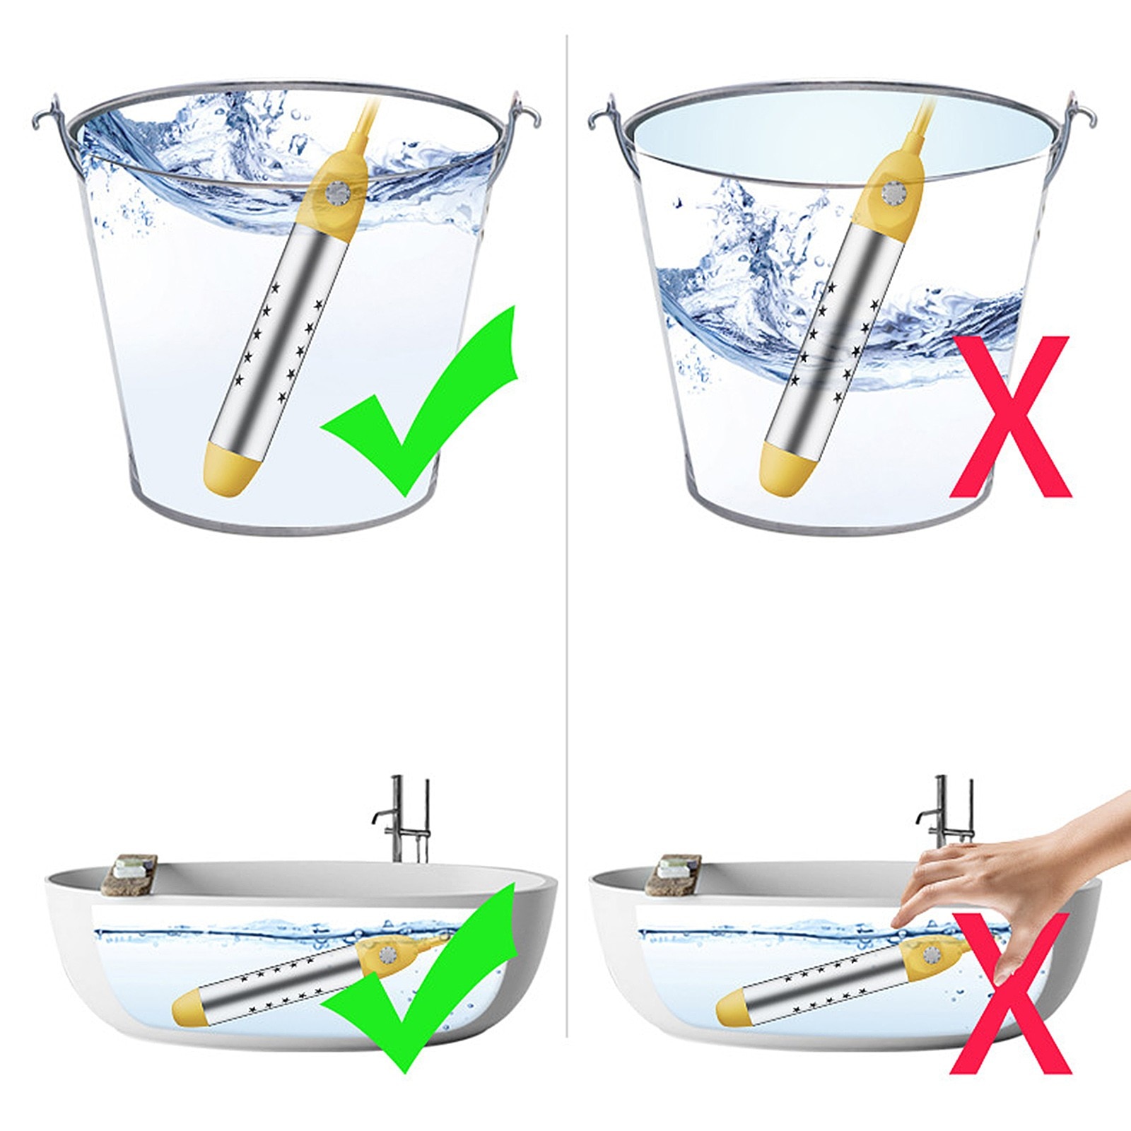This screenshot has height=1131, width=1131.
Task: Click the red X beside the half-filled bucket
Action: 1011,417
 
